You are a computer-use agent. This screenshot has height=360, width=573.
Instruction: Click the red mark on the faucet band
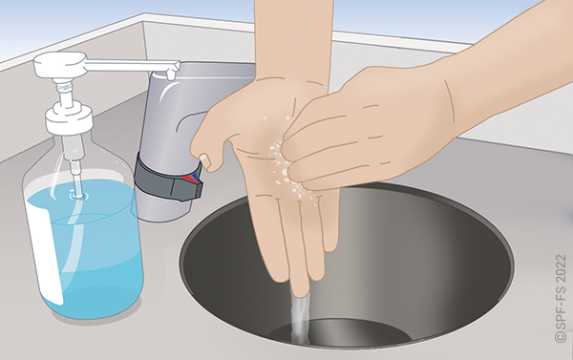(188, 179)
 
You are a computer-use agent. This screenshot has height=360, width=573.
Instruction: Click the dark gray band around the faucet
(168, 180)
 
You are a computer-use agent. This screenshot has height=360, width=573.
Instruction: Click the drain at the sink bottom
(340, 330)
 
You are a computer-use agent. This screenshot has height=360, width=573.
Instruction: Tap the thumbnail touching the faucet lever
(205, 160)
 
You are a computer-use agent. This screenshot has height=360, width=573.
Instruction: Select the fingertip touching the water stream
(301, 288)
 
